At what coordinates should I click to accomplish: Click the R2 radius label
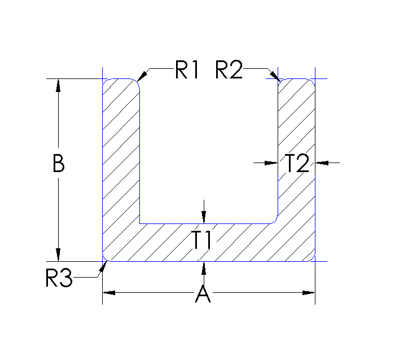click(229, 70)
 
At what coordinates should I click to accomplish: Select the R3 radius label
click(59, 278)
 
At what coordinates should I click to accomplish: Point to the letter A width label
click(203, 294)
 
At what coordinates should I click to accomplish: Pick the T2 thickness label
click(297, 164)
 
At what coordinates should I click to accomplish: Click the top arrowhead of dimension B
click(57, 85)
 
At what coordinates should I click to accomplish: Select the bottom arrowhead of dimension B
click(57, 256)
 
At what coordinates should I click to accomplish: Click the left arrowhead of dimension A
click(109, 293)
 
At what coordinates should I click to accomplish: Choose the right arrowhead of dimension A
click(308, 293)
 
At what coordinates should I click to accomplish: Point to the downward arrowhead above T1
click(204, 217)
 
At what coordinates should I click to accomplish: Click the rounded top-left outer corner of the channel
click(105, 82)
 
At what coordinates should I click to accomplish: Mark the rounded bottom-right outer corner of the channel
click(313, 259)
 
